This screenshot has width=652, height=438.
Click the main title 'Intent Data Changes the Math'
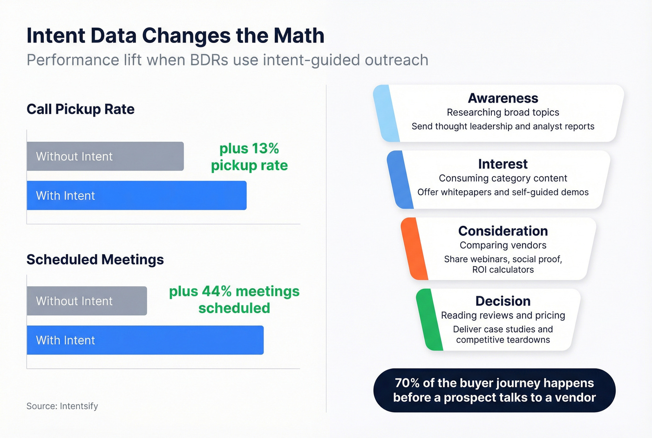pyautogui.click(x=175, y=36)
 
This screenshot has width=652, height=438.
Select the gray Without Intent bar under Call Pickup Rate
pyautogui.click(x=105, y=156)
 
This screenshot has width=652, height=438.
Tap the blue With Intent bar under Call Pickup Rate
pyautogui.click(x=136, y=195)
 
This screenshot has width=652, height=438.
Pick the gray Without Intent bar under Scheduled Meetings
pyautogui.click(x=87, y=301)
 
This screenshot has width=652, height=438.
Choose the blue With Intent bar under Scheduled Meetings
pyautogui.click(x=145, y=340)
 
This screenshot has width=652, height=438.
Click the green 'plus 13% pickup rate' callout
pyautogui.click(x=249, y=157)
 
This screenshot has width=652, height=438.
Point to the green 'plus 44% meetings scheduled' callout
pyautogui.click(x=234, y=299)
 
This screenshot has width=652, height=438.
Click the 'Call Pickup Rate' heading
pyautogui.click(x=81, y=109)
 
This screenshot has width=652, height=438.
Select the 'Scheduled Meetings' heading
pyautogui.click(x=95, y=259)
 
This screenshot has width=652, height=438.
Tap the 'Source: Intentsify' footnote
pyautogui.click(x=62, y=406)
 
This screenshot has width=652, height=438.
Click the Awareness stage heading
pyautogui.click(x=503, y=98)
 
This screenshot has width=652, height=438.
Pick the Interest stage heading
pyautogui.click(x=503, y=164)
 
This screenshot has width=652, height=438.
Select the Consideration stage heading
pyautogui.click(x=503, y=231)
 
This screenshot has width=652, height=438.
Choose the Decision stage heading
pyautogui.click(x=503, y=301)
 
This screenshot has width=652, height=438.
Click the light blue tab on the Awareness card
pyautogui.click(x=386, y=113)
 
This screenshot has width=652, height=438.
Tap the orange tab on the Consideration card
pyautogui.click(x=414, y=249)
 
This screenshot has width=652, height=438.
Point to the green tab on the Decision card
pyautogui.click(x=429, y=320)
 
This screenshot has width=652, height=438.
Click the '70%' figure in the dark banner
pyautogui.click(x=407, y=383)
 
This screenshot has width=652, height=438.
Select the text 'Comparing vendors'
pyautogui.click(x=503, y=245)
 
